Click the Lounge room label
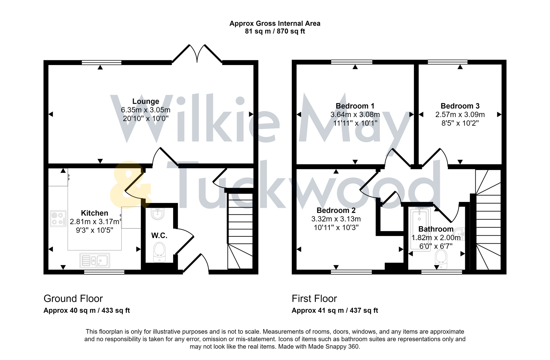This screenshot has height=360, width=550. click(x=145, y=101)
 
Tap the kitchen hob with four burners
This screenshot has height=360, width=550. click(x=58, y=219)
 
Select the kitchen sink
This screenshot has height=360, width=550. click(x=95, y=261)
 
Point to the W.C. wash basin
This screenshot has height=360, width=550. click(x=157, y=214)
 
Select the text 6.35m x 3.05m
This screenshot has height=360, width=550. click(x=145, y=110)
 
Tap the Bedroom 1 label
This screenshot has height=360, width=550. click(x=355, y=106)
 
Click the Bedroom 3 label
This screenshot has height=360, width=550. click(x=460, y=106)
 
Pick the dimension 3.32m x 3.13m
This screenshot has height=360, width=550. click(x=336, y=219)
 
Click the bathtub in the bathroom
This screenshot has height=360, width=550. click(x=420, y=229)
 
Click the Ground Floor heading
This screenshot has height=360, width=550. click(x=73, y=298)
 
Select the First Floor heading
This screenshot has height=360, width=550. click(x=314, y=298)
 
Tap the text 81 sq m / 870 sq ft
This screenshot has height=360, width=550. click(x=275, y=31)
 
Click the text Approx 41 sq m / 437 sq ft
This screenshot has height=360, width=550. click(x=335, y=310)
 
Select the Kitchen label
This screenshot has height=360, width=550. click(x=94, y=213)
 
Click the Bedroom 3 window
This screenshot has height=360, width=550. click(x=448, y=62)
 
